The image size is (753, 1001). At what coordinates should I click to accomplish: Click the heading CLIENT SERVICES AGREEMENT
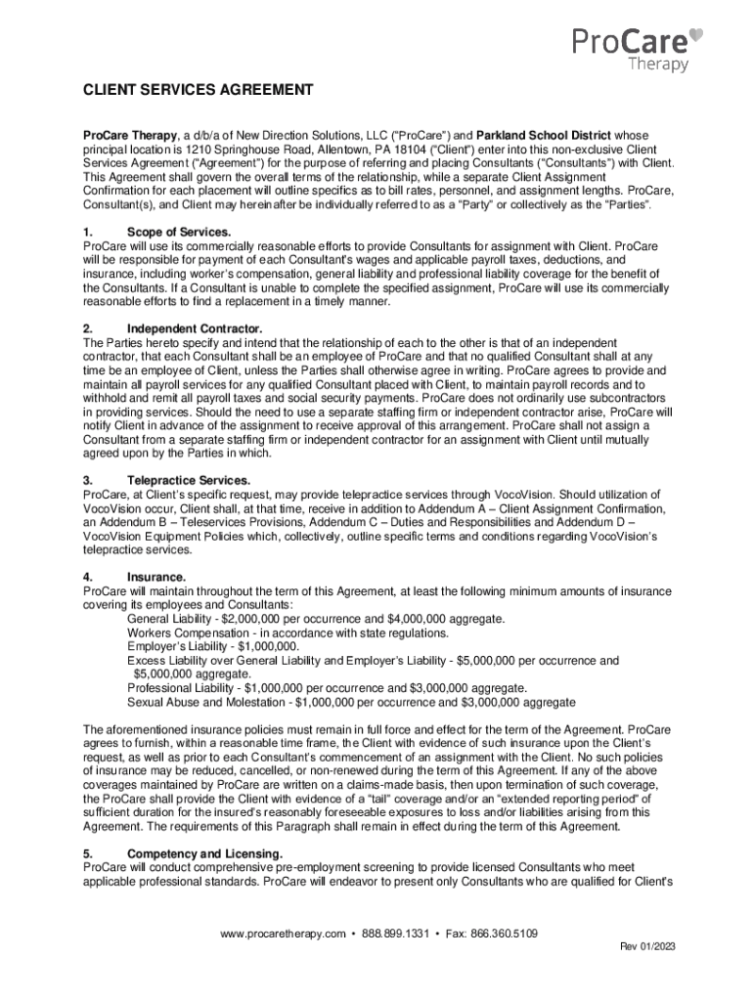(x=198, y=91)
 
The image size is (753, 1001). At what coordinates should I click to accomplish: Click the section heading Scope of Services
(x=179, y=232)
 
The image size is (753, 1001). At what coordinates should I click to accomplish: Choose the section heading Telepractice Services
(x=189, y=481)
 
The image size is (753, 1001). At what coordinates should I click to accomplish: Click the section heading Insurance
(x=156, y=578)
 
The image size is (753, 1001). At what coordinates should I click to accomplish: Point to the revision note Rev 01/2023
(x=647, y=947)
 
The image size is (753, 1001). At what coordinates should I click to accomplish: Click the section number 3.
(x=88, y=481)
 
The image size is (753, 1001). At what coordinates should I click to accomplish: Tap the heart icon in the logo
(x=695, y=35)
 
